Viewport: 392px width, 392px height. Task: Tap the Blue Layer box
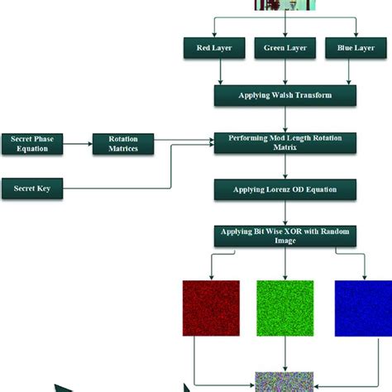pos(356,49)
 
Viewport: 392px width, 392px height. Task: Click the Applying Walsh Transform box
pos(285,95)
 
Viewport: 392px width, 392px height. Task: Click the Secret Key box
pos(33,189)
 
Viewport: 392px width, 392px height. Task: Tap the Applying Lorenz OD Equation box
pos(285,189)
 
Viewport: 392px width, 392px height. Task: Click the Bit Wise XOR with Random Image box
pos(285,236)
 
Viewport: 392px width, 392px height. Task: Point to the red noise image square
pos(211,307)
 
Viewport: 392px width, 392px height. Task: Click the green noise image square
pos(285,307)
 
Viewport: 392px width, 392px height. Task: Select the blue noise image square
pos(363,307)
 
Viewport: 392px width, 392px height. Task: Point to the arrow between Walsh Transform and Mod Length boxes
pos(285,119)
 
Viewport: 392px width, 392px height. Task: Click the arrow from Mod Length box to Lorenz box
pos(285,167)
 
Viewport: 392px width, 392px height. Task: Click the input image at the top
pos(285,5)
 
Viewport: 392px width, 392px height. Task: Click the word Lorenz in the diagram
pos(282,189)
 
